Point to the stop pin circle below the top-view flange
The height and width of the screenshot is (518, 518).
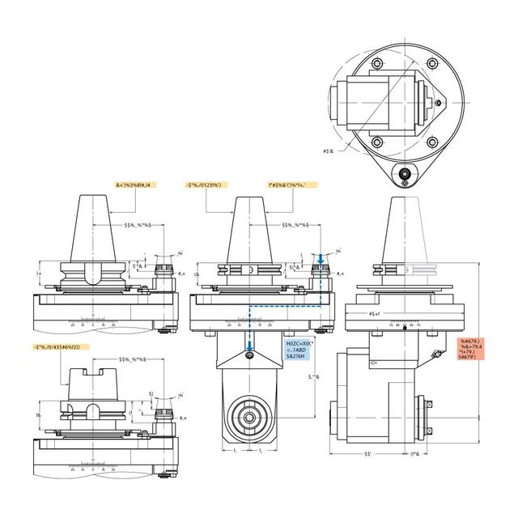402,172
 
